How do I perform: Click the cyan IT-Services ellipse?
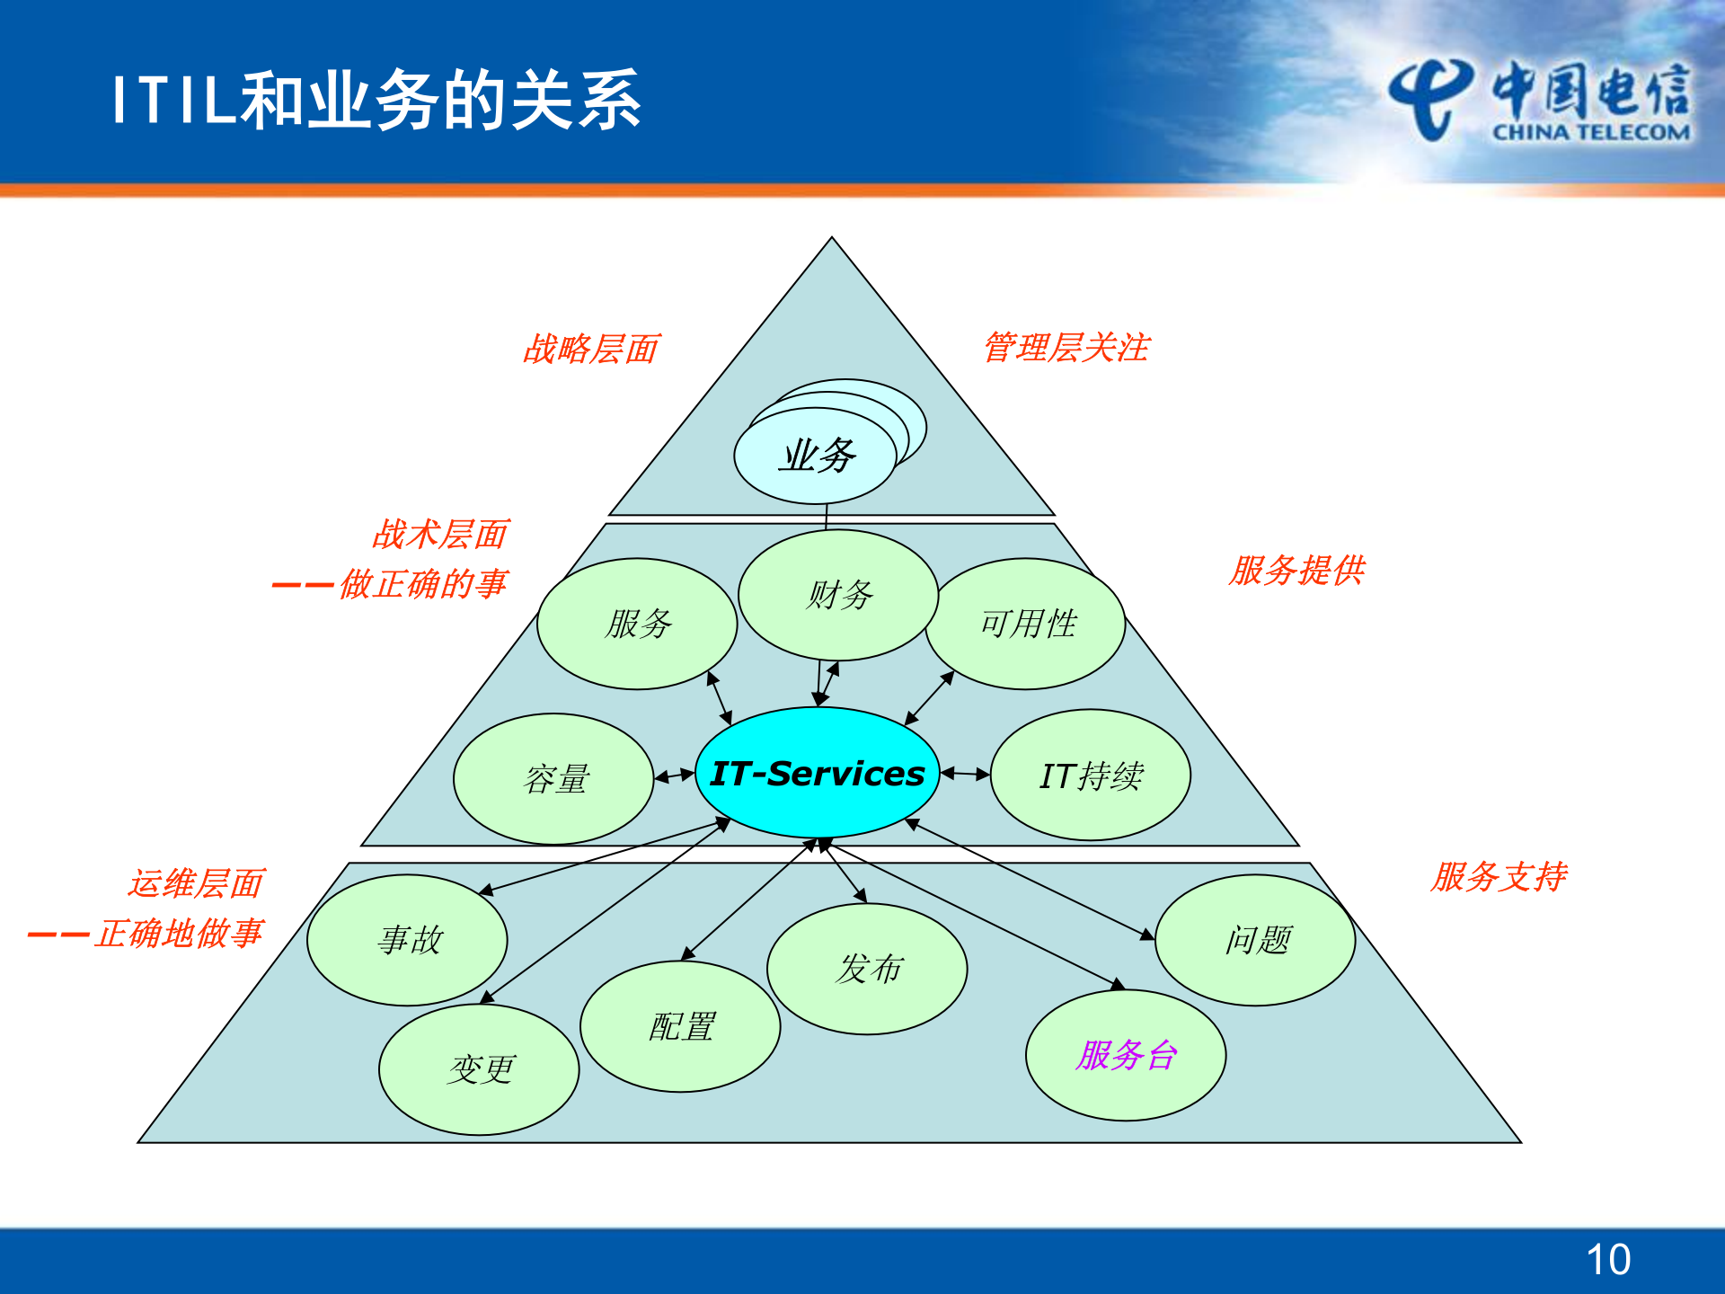817,773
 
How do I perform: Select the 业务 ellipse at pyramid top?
815,456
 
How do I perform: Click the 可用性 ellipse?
1027,624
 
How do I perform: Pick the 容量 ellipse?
554,778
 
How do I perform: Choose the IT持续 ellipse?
1090,775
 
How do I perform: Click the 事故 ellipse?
408,940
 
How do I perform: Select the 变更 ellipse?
480,1069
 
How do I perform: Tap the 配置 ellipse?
680,1026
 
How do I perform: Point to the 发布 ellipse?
867,969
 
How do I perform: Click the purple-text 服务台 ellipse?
1126,1055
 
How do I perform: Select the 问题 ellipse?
1255,940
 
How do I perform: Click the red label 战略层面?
591,349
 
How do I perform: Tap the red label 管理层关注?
1066,347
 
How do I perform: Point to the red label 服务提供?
1296,570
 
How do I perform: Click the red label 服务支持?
1499,876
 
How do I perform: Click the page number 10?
1607,1260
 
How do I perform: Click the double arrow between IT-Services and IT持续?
965,773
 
